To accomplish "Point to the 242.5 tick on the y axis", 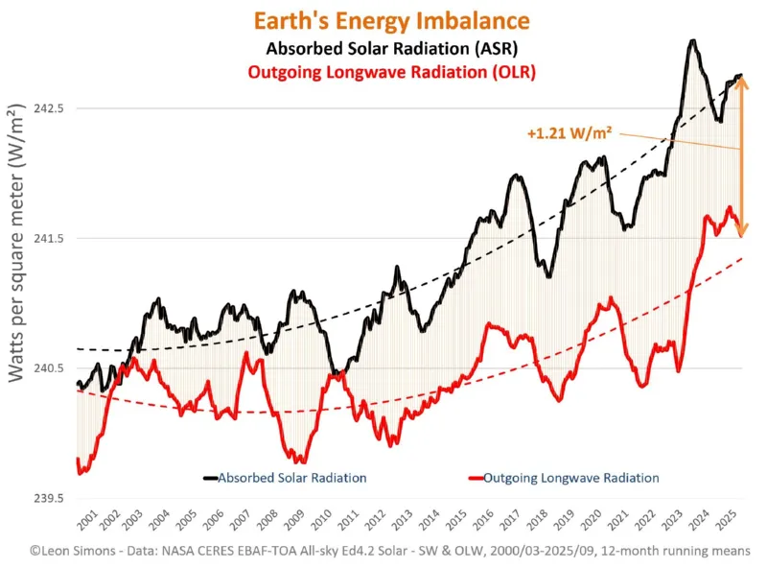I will (48, 108).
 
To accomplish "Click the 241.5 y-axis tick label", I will (48, 239).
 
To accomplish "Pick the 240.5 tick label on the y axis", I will (48, 368).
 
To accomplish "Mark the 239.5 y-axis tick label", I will (48, 499).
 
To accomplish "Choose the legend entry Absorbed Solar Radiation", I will (291, 477).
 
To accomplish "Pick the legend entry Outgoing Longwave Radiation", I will (570, 477).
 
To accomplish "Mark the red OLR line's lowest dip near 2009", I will (301, 461).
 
